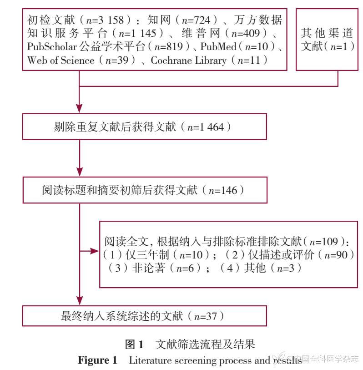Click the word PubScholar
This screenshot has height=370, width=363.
click(51, 47)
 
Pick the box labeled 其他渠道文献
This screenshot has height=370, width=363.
click(328, 40)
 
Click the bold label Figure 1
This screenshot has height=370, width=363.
click(97, 360)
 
